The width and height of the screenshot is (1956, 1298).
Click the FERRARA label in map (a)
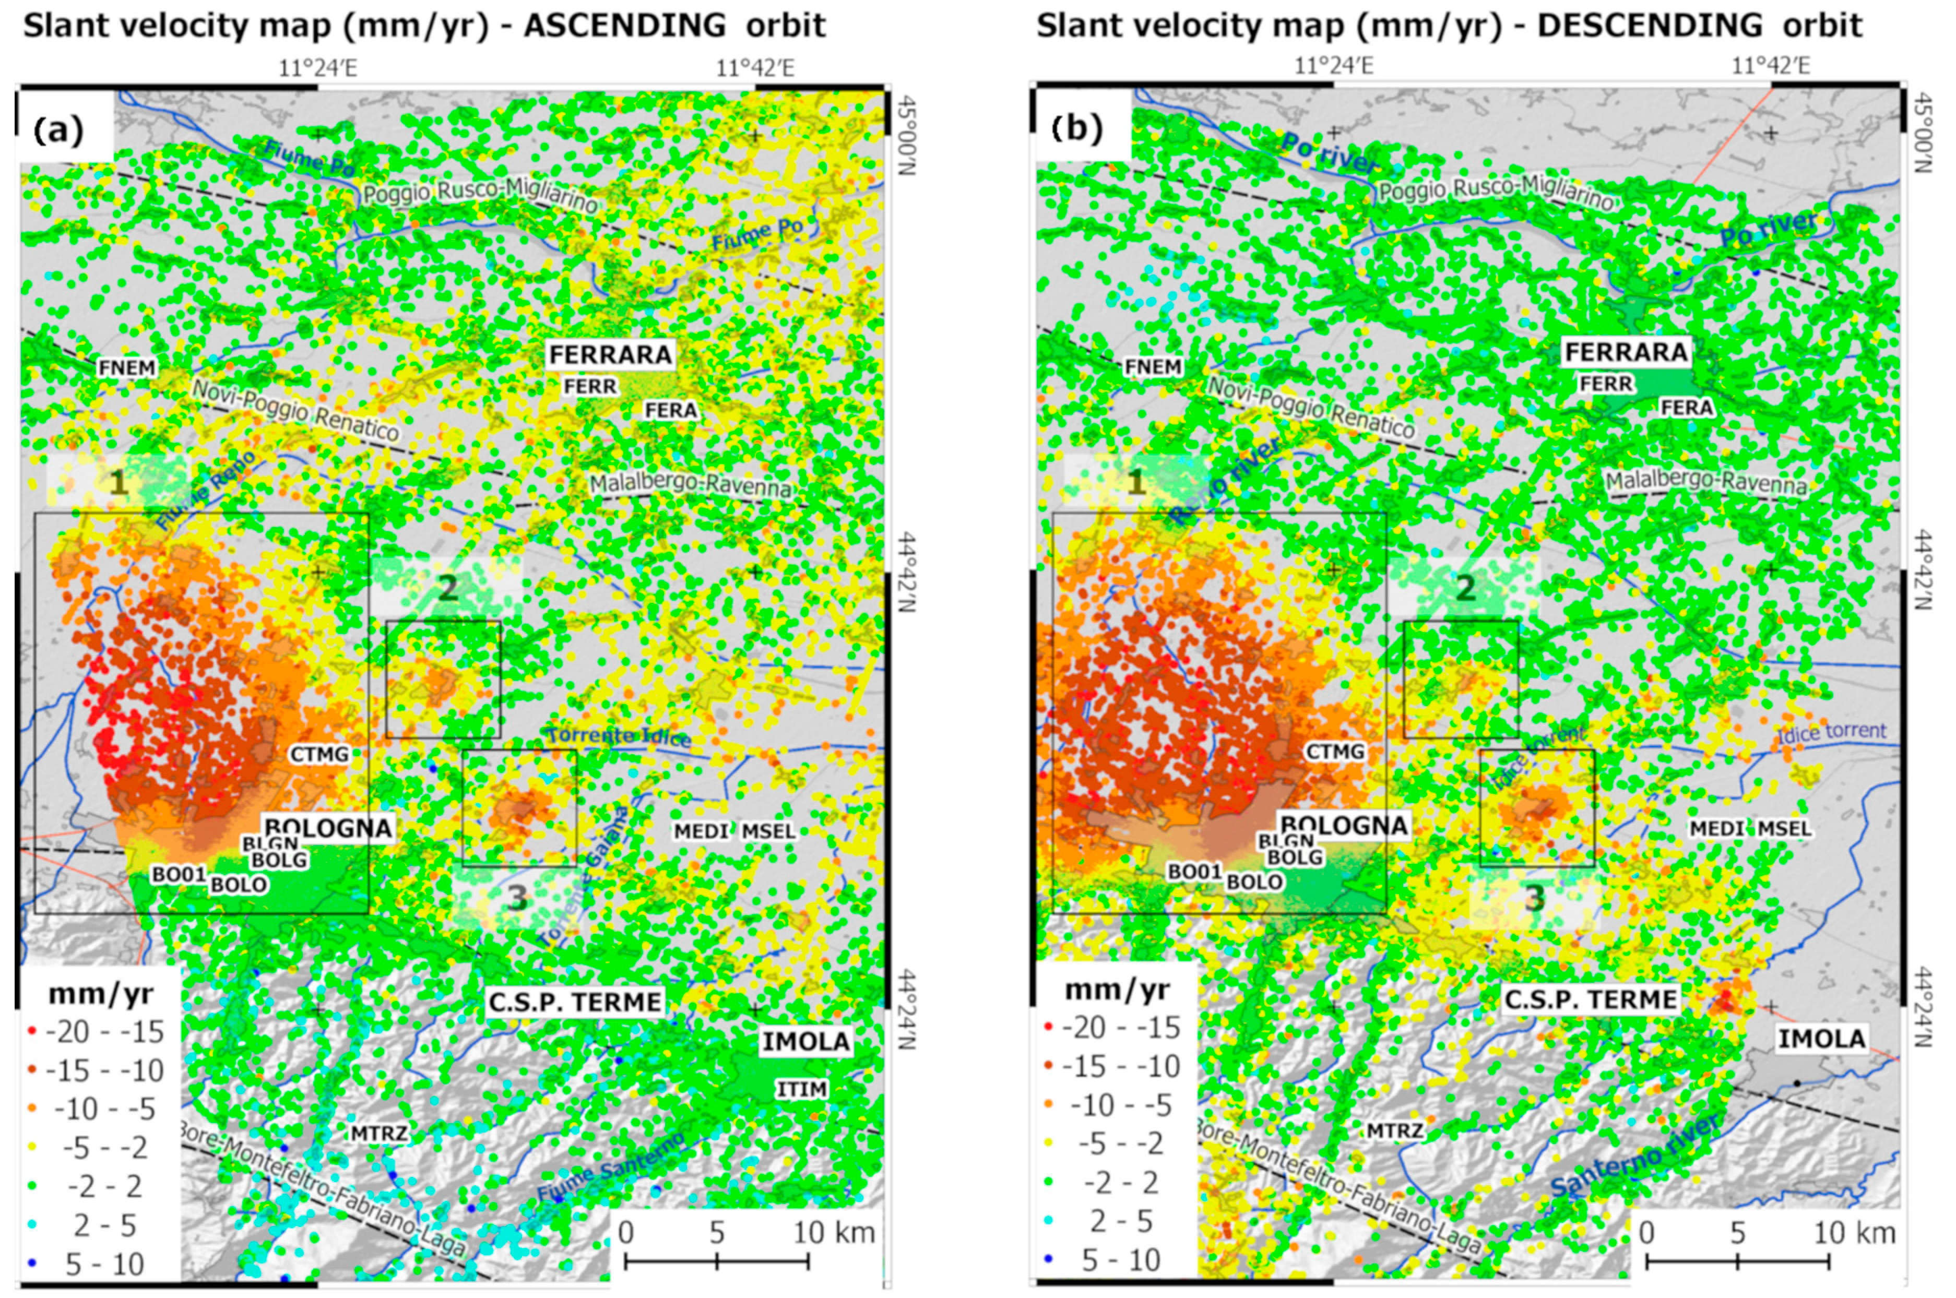(610, 354)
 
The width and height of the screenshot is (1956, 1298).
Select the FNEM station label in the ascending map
(127, 367)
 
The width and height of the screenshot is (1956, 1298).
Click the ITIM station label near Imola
(801, 1089)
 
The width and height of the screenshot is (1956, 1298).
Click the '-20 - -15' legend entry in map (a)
(104, 1031)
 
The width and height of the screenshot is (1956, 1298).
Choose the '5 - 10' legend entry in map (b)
(1122, 1260)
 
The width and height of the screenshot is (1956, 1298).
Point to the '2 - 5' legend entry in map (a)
(104, 1225)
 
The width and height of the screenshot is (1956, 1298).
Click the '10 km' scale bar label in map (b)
(1854, 1233)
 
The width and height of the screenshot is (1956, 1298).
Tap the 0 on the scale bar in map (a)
(626, 1233)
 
